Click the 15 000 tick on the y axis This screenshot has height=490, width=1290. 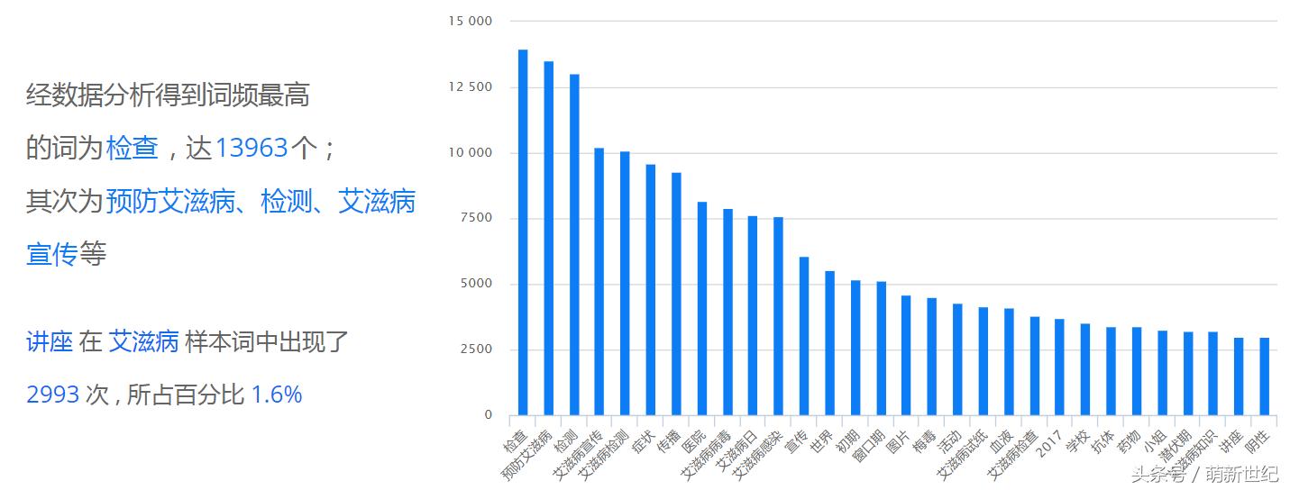click(471, 21)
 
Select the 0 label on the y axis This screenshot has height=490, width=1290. click(488, 415)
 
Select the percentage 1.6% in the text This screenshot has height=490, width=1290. click(276, 395)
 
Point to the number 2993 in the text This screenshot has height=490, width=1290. click(53, 395)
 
